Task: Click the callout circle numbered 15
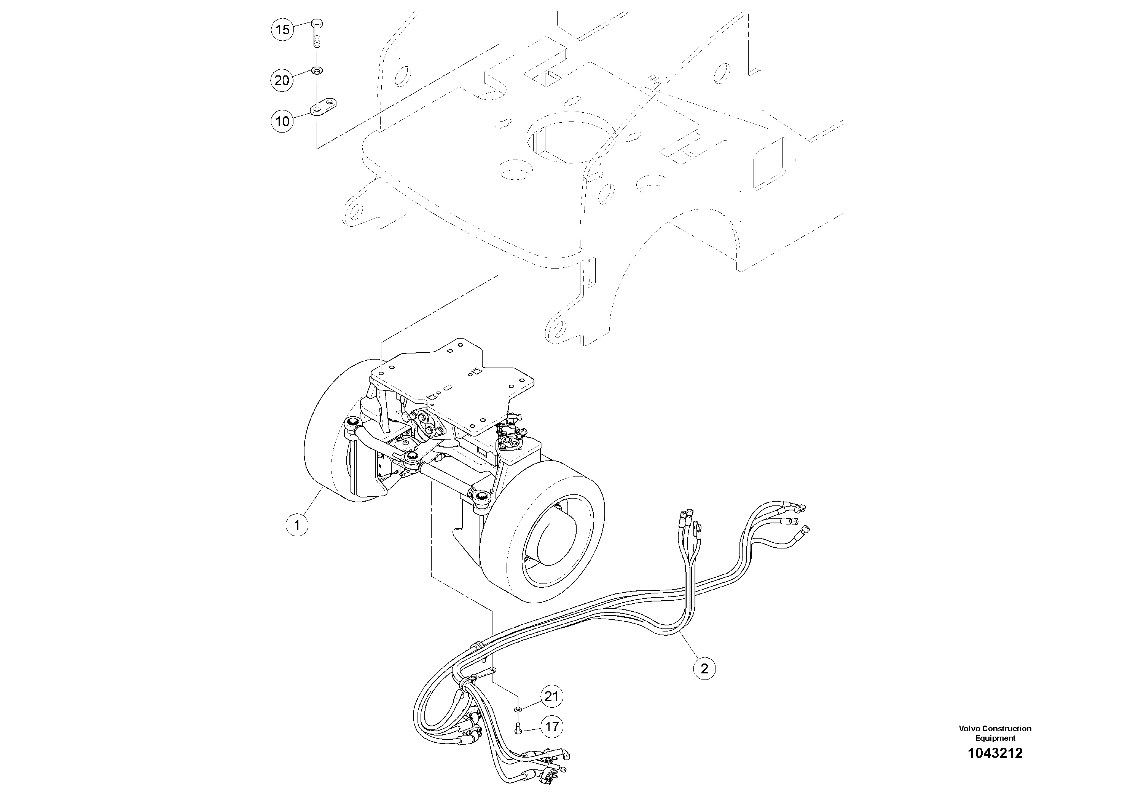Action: [282, 30]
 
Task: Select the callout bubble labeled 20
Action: [282, 80]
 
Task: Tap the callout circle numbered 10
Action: [282, 121]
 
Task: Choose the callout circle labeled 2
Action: [704, 669]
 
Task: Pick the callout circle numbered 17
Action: [552, 727]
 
